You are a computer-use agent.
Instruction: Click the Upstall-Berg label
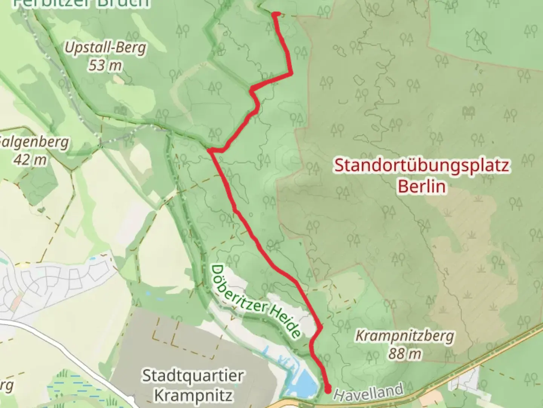tap(105, 48)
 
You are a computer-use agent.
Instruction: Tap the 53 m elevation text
tap(105, 66)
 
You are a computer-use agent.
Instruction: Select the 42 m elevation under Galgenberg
tap(30, 160)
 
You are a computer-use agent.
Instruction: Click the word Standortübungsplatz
tap(422, 166)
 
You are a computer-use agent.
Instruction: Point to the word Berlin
tap(422, 187)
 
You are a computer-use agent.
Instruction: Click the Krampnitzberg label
tap(405, 336)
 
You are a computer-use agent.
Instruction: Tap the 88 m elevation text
tap(405, 354)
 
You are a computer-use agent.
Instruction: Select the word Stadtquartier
tap(193, 376)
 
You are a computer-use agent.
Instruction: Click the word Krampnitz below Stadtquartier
tap(193, 395)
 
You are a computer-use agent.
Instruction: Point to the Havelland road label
tap(368, 392)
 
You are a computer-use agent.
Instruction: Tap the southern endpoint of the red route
tap(327, 388)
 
